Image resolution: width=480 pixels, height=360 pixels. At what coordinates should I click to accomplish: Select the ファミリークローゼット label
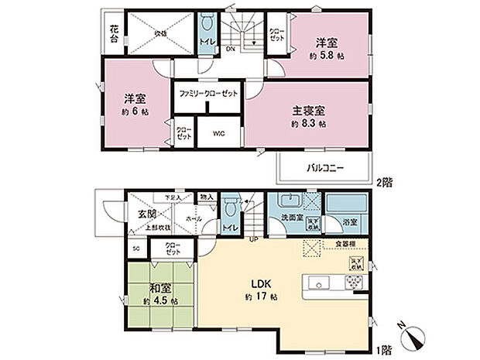(207, 94)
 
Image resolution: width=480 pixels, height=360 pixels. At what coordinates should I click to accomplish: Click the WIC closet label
(218, 132)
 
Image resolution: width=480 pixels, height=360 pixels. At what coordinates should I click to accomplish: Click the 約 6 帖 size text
(136, 112)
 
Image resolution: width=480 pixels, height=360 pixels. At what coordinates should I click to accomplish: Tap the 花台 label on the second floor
(114, 35)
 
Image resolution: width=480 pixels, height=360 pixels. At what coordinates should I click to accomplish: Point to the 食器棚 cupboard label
(346, 244)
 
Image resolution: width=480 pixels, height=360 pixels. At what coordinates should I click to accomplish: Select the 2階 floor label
(385, 184)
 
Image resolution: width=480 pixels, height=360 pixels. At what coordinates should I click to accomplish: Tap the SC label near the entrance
(135, 249)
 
